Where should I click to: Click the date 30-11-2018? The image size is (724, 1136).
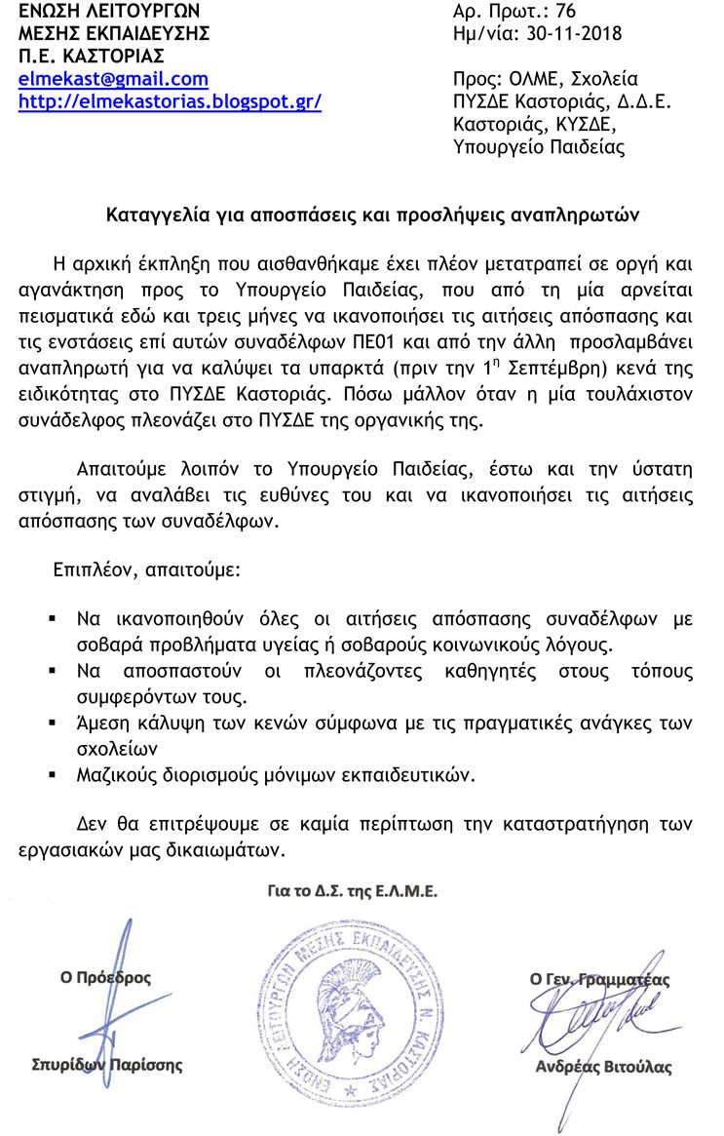566,34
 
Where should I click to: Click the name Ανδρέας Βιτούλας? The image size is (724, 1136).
603,1067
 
